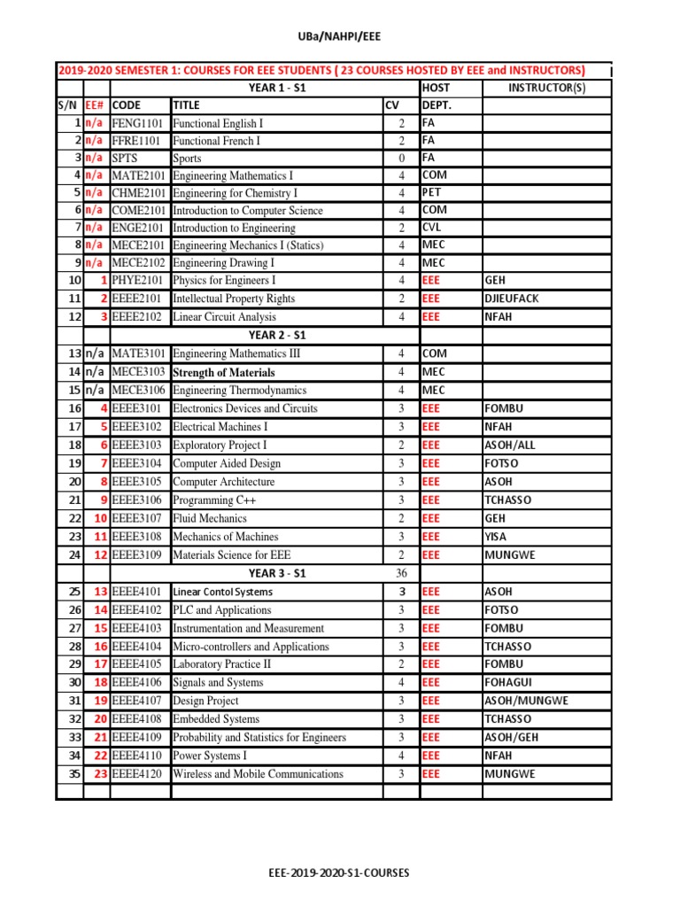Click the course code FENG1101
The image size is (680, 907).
click(x=138, y=124)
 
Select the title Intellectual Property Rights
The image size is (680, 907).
click(x=234, y=298)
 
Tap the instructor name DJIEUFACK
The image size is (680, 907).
click(x=512, y=298)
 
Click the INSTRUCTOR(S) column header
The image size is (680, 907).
click(x=546, y=88)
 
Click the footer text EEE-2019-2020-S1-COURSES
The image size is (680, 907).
click(x=339, y=872)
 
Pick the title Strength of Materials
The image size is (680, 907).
click(x=224, y=372)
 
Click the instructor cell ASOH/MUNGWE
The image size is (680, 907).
click(x=527, y=701)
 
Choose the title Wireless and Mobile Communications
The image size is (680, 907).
click(x=258, y=774)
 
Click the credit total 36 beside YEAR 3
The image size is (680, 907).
click(x=401, y=573)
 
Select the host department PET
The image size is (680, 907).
click(x=432, y=192)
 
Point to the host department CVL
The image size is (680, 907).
click(x=431, y=228)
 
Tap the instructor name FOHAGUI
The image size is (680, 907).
click(x=509, y=683)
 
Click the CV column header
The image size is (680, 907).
click(x=392, y=105)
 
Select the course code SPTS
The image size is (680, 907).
click(x=127, y=159)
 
